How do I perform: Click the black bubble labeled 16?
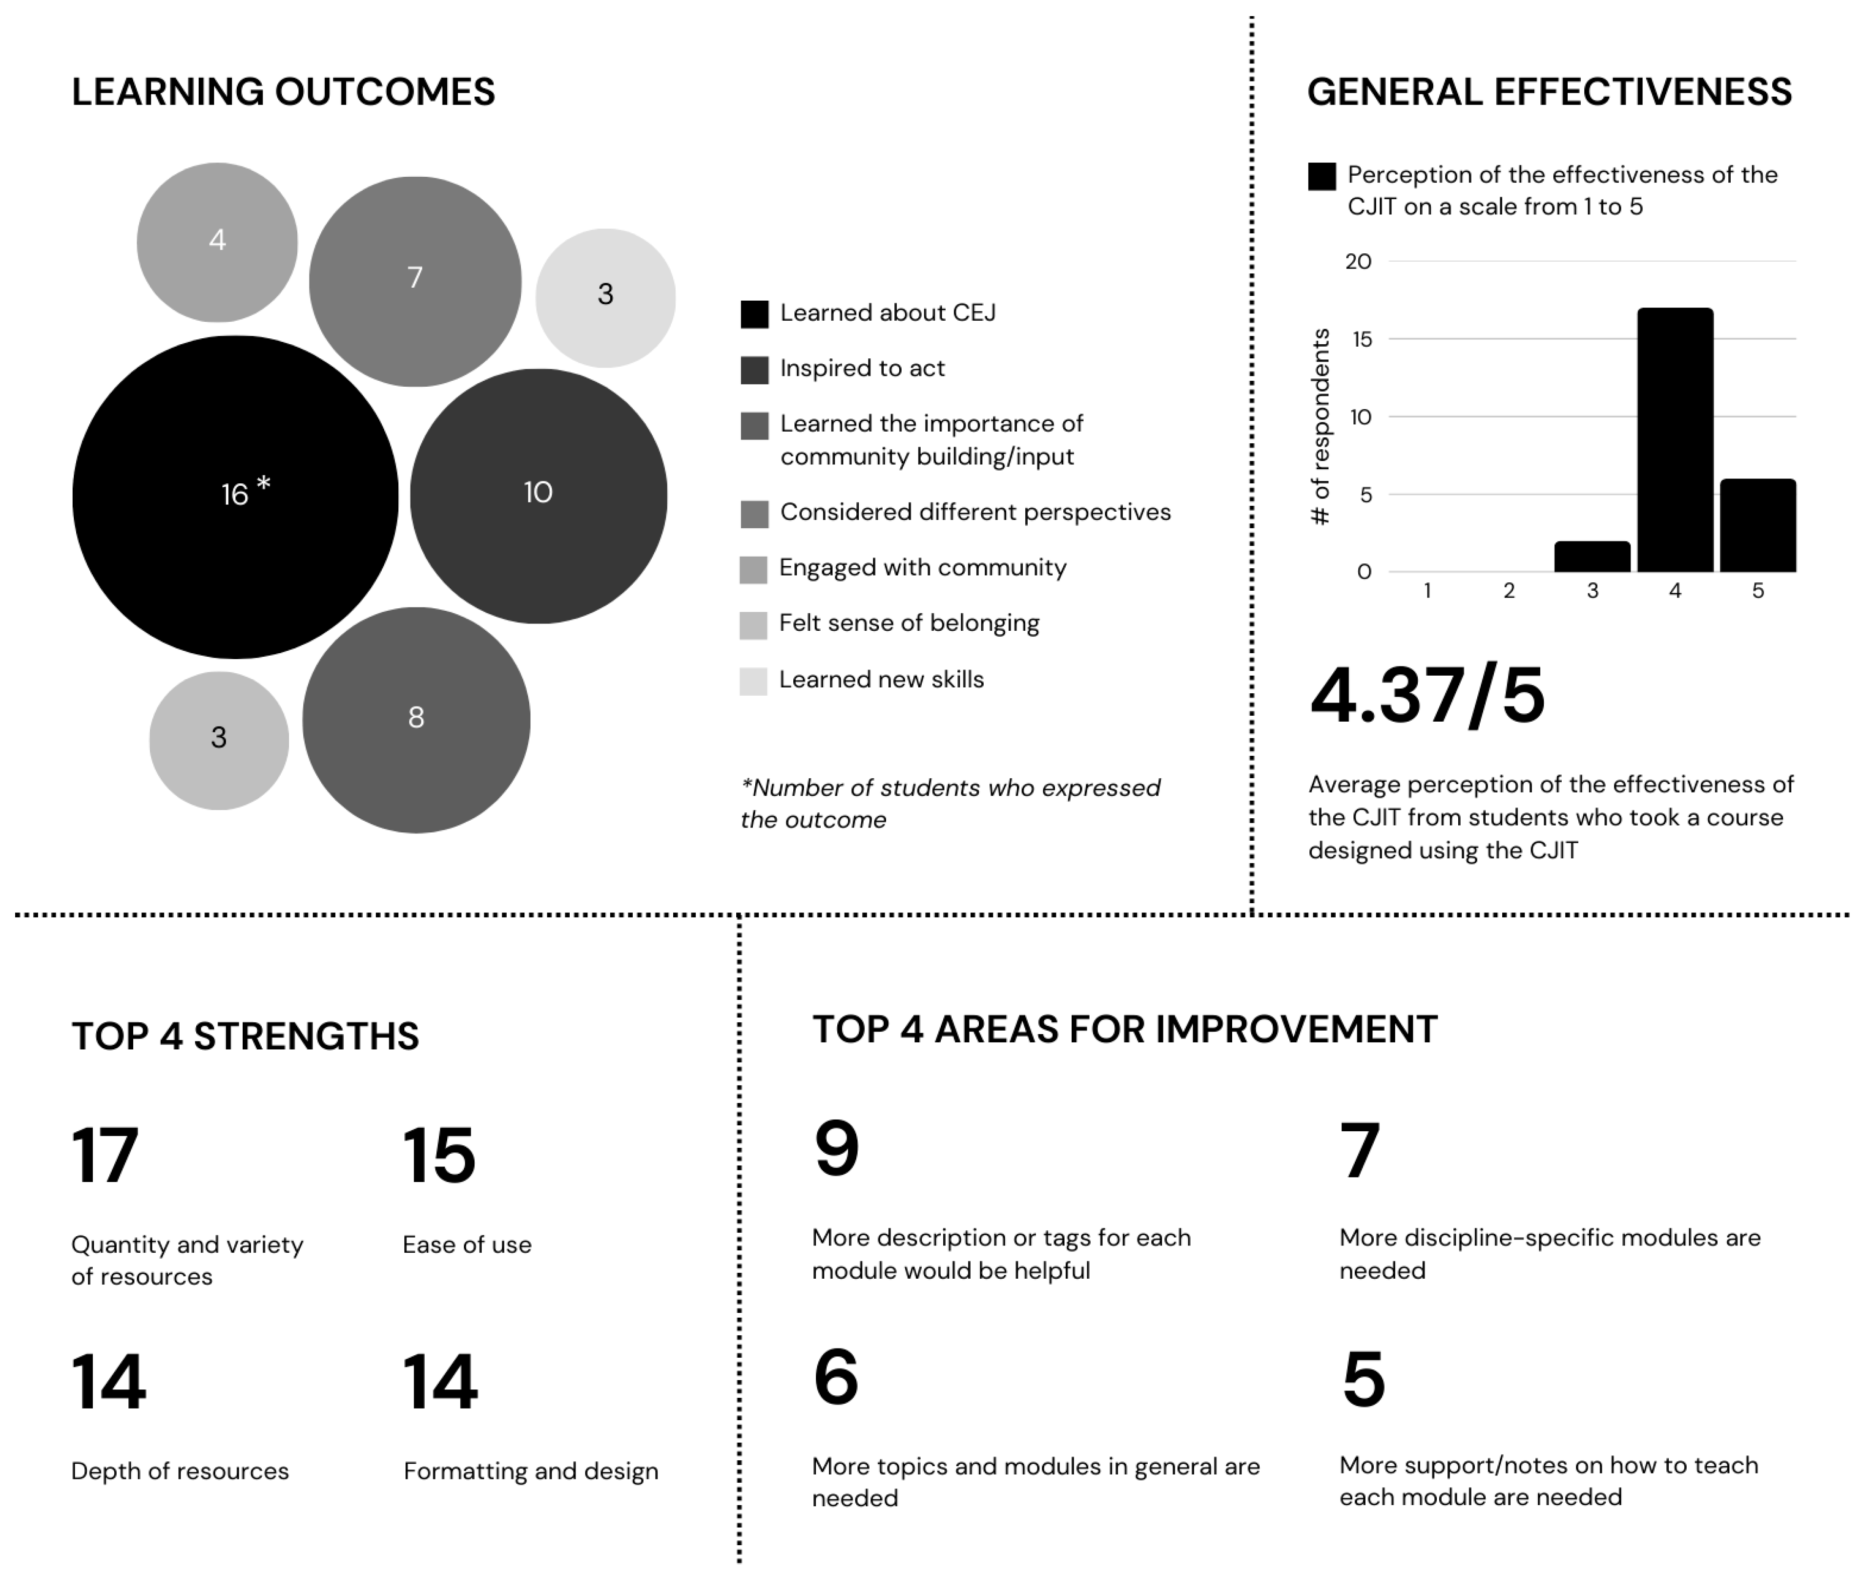point(235,497)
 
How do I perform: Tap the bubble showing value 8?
point(415,720)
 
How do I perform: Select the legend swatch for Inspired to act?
point(754,369)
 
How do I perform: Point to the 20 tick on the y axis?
point(1358,262)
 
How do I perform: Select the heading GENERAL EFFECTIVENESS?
point(1549,92)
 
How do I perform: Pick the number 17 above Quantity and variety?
point(104,1156)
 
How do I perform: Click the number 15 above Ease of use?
point(439,1156)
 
